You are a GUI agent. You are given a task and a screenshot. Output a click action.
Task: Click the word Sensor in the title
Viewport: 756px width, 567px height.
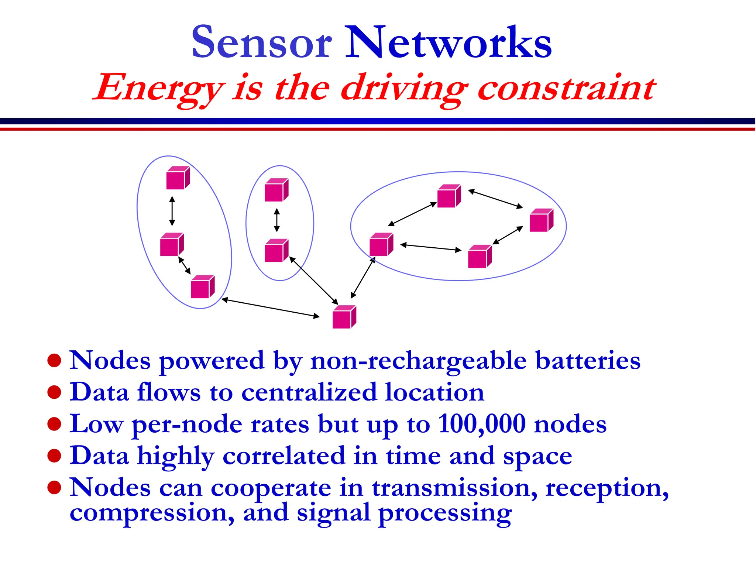261,43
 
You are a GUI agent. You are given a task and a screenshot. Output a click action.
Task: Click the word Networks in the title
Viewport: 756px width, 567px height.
448,43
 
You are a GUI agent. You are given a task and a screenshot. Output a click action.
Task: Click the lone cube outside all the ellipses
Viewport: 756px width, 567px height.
344,317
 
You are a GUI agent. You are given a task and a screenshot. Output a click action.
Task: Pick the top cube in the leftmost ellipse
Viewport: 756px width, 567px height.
178,178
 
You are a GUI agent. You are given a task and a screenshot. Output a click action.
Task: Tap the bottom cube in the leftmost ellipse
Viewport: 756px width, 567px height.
202,287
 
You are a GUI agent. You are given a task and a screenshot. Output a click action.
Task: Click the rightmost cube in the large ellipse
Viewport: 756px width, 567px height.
541,220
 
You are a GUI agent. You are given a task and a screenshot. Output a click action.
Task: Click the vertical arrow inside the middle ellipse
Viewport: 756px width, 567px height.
277,220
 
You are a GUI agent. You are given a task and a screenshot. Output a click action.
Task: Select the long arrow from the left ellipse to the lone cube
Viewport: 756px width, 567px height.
271,308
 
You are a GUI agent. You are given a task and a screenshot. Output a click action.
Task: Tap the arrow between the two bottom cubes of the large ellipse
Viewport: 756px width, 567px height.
431,247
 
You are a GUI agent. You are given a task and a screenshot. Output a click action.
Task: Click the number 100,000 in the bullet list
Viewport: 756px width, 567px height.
482,424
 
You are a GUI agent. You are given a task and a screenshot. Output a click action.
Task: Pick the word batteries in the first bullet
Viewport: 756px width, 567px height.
588,360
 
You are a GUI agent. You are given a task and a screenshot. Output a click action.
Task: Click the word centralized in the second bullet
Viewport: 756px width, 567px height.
309,392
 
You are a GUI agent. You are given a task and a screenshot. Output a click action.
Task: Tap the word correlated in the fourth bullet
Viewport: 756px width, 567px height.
284,456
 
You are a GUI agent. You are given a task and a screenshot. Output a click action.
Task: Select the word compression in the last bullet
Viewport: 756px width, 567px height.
152,513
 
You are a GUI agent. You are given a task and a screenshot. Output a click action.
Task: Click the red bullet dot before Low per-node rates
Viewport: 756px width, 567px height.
54,424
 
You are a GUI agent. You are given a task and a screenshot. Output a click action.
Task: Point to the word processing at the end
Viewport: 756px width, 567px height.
445,514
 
